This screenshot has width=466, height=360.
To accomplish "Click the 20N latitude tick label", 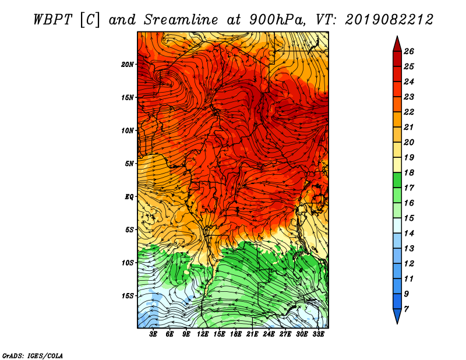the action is click(x=128, y=65).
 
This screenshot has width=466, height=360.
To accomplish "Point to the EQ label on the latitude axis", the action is click(x=129, y=197).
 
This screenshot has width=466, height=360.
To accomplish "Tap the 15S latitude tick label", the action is click(x=128, y=296).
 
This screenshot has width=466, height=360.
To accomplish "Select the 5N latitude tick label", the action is click(x=129, y=164).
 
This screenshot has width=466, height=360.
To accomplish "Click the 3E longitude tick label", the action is click(x=153, y=334).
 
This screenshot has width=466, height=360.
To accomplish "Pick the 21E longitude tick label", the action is click(x=252, y=334).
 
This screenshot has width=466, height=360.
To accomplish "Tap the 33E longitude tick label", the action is click(x=318, y=334).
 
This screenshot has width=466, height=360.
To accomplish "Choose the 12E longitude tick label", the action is click(x=202, y=334).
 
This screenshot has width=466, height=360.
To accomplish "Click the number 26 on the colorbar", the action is click(x=409, y=51).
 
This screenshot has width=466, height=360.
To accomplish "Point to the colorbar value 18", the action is click(x=409, y=172).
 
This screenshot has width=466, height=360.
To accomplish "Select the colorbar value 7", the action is click(x=406, y=309).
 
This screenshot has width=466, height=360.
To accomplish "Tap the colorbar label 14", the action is click(x=409, y=234).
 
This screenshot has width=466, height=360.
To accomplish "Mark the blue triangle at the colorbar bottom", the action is click(x=397, y=315).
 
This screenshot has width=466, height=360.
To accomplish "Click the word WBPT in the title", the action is click(x=52, y=20).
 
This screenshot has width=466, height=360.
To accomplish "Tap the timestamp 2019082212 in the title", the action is click(x=389, y=20).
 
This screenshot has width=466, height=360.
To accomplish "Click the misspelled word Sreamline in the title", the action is click(x=181, y=20).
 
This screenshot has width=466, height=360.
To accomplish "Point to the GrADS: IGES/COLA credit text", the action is click(x=33, y=356).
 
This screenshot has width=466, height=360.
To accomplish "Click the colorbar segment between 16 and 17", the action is click(x=397, y=195).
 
